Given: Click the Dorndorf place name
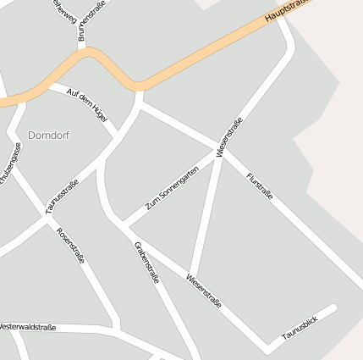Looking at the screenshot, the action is coord(48,135).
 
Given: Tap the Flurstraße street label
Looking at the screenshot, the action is coord(260,187).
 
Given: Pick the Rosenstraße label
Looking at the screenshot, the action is coord(70,245).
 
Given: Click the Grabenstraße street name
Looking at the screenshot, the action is coord(146,262).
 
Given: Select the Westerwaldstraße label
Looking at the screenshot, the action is coord(27,326).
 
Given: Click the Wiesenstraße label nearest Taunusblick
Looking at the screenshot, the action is coord(204,291).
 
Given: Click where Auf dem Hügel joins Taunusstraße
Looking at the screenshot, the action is coord(114,136).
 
